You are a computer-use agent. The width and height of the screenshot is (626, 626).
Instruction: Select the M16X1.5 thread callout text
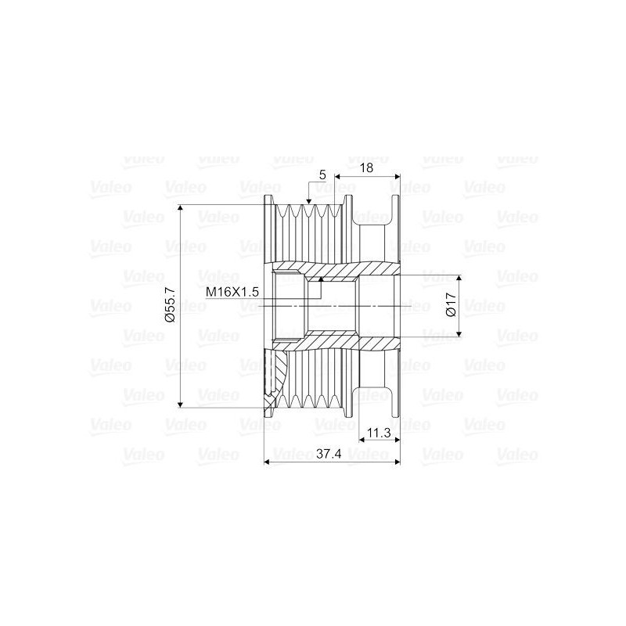tap(232, 291)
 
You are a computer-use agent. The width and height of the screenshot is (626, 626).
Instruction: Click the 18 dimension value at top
tap(365, 167)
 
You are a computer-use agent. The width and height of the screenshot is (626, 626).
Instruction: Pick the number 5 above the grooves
tap(322, 174)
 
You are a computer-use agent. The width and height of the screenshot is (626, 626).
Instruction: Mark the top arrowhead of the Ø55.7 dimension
tap(180, 209)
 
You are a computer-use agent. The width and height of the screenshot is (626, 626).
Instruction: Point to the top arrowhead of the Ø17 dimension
tap(459, 279)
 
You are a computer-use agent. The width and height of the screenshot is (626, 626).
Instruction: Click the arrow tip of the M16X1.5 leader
tap(321, 279)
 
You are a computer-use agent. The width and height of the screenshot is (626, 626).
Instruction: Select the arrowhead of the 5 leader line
tap(309, 203)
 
